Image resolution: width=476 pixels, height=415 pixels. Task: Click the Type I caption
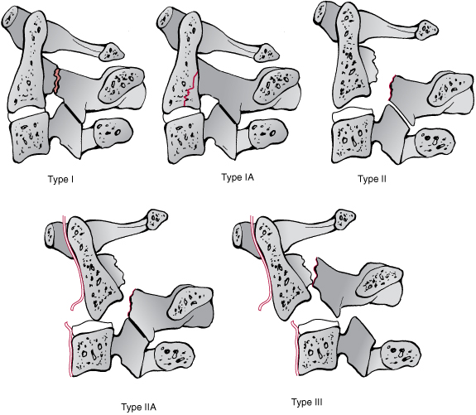coord(60,179)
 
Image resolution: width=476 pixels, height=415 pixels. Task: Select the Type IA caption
coord(238,177)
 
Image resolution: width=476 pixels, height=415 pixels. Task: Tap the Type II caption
coord(373,179)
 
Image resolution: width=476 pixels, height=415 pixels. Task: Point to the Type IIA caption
coord(139,407)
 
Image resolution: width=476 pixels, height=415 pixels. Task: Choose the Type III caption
coord(307,403)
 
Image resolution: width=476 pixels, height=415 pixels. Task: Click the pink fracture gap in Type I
coord(57,81)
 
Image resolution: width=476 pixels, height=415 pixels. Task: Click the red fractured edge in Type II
coord(391,88)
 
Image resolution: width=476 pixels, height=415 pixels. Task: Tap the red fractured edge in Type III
coord(315,272)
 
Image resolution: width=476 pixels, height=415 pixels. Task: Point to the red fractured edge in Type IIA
coord(131,303)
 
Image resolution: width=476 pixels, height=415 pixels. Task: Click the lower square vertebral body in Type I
coord(30,138)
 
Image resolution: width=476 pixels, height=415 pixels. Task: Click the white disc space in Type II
coord(353,115)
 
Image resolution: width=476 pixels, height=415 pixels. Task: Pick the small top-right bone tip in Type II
coord(427,30)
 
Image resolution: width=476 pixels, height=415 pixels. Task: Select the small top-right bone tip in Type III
coord(344,220)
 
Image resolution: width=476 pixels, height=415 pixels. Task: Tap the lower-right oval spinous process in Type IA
coord(267,133)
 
